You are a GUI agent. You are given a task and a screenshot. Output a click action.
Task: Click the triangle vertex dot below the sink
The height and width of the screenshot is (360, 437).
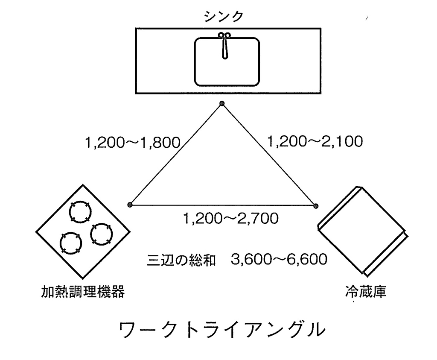tap(221, 104)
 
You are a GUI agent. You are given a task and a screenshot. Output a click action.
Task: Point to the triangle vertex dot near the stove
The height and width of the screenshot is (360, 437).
tap(130, 205)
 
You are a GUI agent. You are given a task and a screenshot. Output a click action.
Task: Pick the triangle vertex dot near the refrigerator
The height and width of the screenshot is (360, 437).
tap(316, 205)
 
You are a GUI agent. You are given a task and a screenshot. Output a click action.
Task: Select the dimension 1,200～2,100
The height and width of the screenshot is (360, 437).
tap(315, 141)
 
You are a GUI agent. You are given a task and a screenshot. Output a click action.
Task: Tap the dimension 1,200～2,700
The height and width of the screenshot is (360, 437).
tap(230, 219)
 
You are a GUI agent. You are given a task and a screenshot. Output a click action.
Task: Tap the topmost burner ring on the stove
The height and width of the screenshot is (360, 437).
tap(81, 212)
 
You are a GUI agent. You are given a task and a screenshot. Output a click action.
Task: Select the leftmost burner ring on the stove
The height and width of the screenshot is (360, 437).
tap(70, 244)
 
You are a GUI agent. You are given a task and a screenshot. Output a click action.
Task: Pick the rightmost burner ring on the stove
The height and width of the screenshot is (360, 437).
tap(101, 233)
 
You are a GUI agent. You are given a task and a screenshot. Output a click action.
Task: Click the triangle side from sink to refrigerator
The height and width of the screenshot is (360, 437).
tap(269, 155)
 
